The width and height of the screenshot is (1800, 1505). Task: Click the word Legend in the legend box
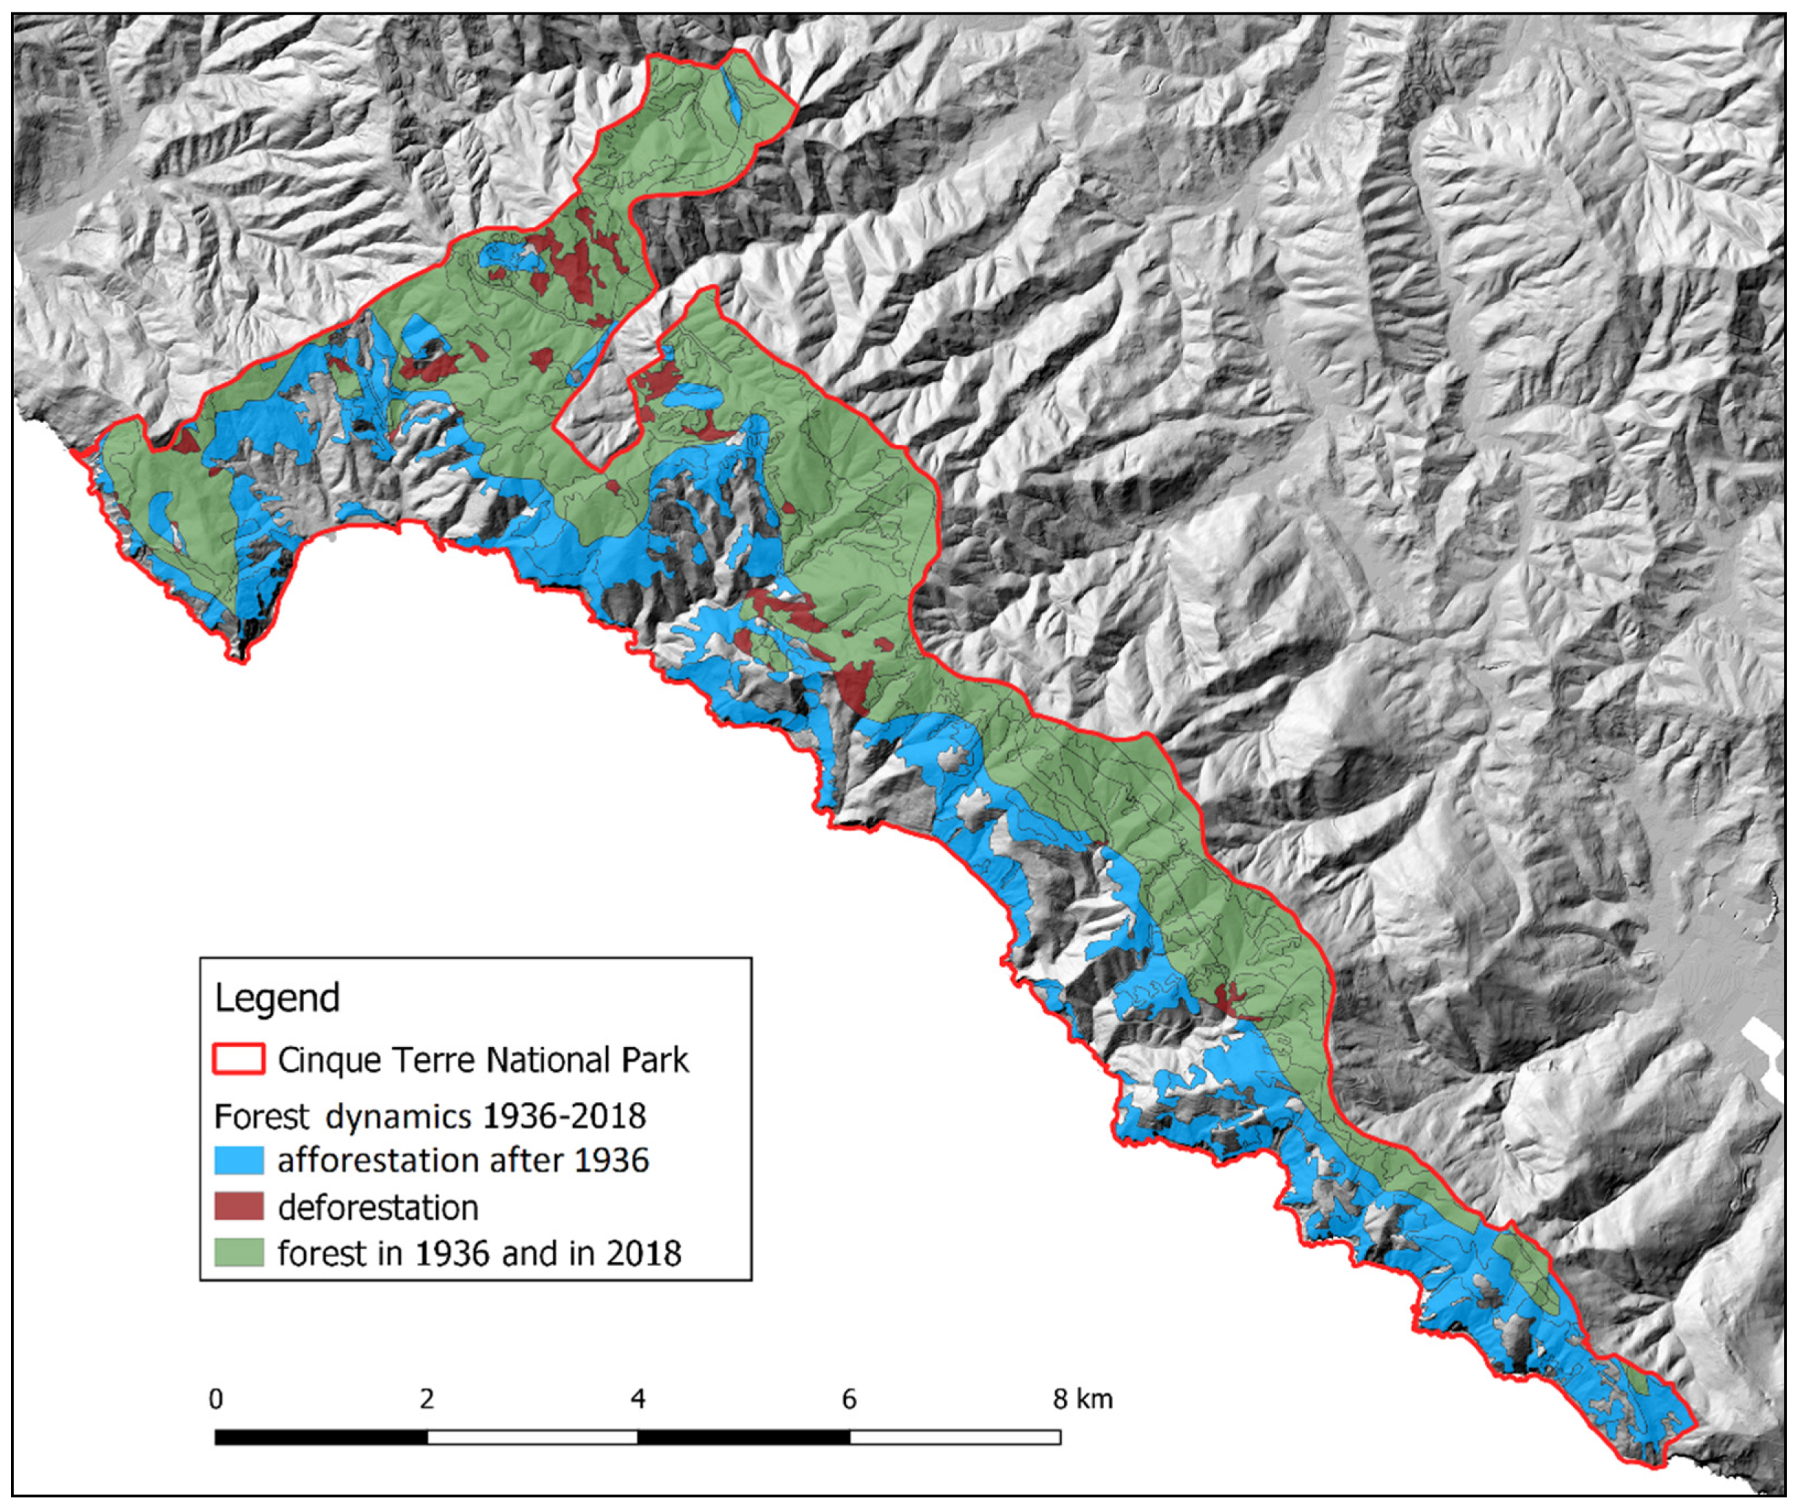pos(277,998)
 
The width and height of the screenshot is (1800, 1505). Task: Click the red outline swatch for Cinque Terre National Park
pos(238,1059)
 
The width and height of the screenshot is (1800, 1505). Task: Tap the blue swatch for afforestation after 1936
pos(238,1161)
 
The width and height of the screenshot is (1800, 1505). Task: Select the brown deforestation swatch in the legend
pos(238,1207)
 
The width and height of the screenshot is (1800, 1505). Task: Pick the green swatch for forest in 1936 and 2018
pos(238,1253)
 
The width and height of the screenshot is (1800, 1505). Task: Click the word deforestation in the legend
pos(378,1208)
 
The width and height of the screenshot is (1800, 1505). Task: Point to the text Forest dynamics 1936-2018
pos(430,1116)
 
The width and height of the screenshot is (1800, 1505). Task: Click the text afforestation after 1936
pos(463,1161)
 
